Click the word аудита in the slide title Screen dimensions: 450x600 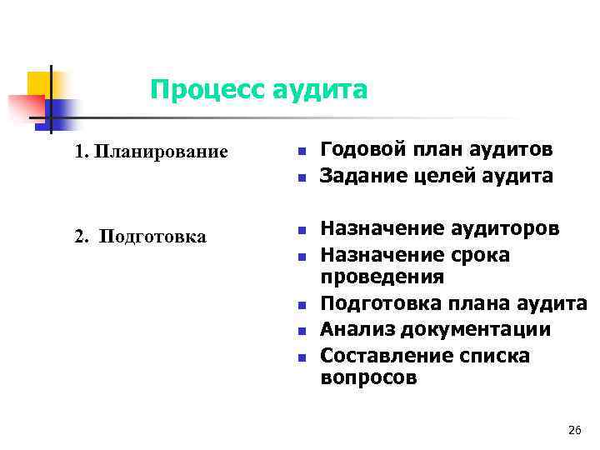[319, 89]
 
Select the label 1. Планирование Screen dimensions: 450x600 [150, 152]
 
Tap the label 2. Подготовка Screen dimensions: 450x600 [140, 237]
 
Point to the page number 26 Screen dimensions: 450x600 [573, 430]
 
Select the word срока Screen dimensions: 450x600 [479, 253]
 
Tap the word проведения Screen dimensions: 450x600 [382, 277]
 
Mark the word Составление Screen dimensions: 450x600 [380, 356]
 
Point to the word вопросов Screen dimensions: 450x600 [368, 378]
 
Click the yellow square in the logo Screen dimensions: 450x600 [38, 83]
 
